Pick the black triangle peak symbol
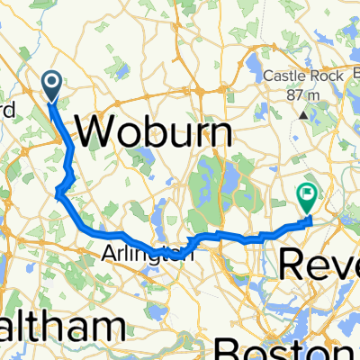(x=304, y=115)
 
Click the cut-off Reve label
(x=319, y=265)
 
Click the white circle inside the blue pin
(x=51, y=84)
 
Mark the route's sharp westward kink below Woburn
(x=58, y=190)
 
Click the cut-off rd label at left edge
(x=7, y=111)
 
